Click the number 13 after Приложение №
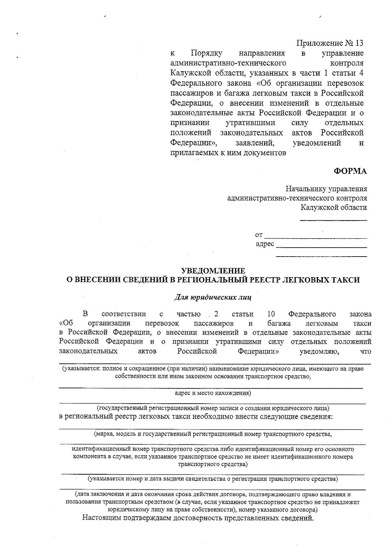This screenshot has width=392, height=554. [358, 43]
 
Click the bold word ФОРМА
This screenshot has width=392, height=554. [350, 171]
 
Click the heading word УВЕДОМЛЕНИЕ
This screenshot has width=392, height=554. [213, 271]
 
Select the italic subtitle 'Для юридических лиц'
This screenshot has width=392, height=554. [213, 297]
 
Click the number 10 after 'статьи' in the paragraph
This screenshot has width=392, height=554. [271, 314]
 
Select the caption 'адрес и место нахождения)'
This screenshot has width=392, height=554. [213, 393]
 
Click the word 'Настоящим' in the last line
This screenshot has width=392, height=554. [101, 518]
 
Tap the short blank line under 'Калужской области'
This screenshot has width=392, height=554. [333, 220]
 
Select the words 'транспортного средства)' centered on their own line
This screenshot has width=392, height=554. [213, 464]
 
